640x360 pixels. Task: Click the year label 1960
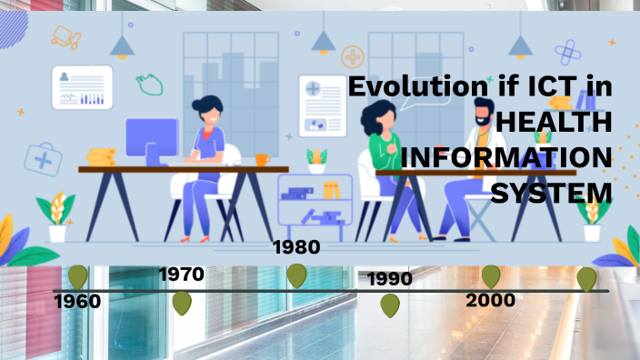(x=77, y=301)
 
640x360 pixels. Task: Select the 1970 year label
(x=182, y=274)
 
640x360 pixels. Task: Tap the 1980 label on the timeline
(x=296, y=247)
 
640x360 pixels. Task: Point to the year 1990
(x=390, y=278)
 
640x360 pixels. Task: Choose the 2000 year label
(x=490, y=300)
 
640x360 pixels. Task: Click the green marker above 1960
(x=78, y=276)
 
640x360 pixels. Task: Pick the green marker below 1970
(x=182, y=303)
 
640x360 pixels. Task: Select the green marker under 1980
(x=296, y=275)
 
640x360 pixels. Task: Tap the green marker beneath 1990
(x=390, y=305)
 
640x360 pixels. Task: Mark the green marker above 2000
(x=491, y=276)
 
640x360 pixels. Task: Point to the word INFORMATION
(x=506, y=158)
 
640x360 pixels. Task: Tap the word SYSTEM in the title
(x=552, y=193)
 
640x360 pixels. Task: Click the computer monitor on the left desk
(x=152, y=142)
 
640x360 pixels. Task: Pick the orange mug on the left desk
(x=262, y=159)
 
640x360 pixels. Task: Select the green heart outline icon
(x=150, y=84)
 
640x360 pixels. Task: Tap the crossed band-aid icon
(x=569, y=50)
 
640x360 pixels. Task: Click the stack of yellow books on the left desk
(x=101, y=158)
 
